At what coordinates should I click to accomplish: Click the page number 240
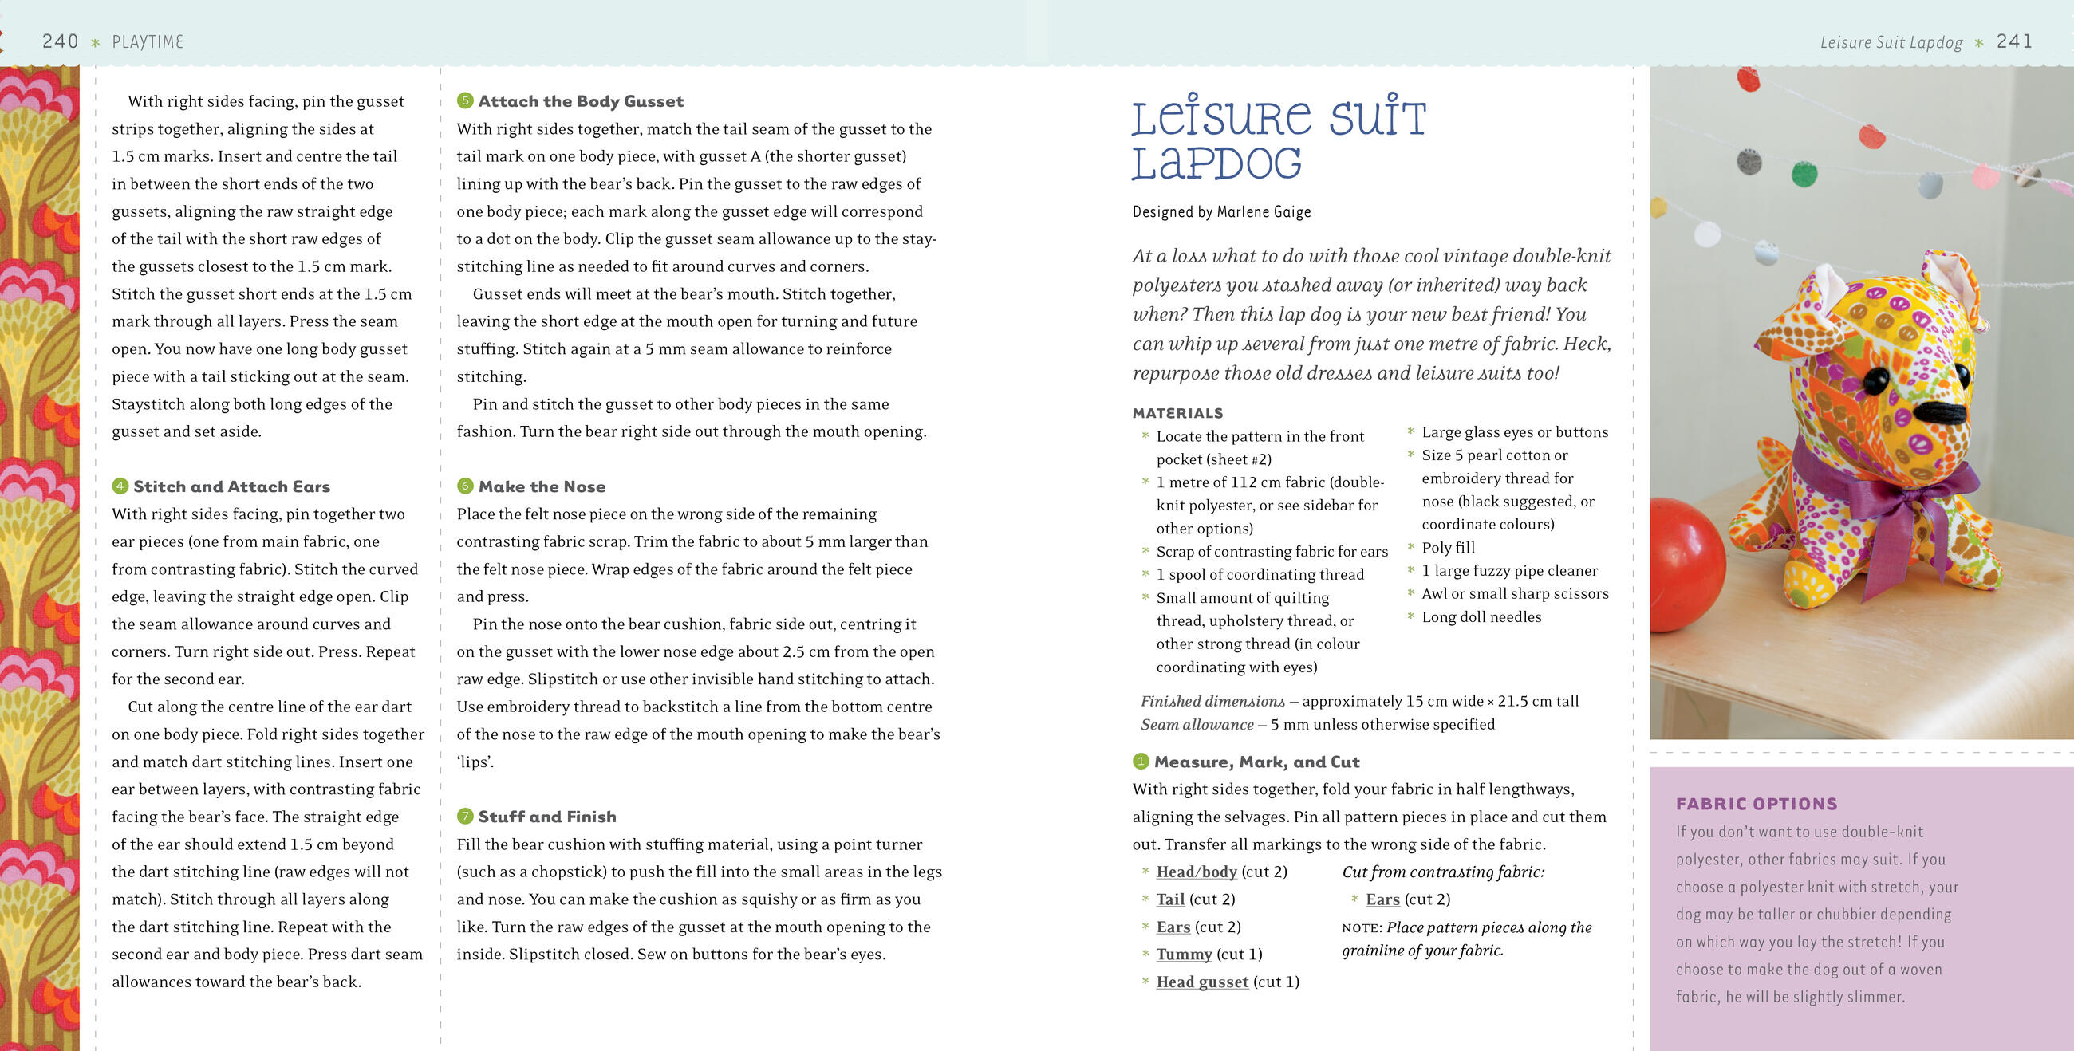(x=60, y=41)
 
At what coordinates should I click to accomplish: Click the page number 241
(x=2013, y=41)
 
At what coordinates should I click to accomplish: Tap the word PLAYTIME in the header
(x=148, y=41)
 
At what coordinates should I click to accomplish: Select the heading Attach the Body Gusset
(x=581, y=100)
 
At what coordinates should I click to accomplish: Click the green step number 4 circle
(x=120, y=486)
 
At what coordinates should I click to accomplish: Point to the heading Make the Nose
(x=541, y=486)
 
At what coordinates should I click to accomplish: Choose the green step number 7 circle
(x=464, y=816)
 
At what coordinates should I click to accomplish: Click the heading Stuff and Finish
(x=546, y=816)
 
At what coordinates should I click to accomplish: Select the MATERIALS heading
(x=1177, y=413)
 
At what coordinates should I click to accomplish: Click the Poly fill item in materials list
(x=1448, y=547)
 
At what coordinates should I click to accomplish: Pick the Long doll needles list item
(x=1481, y=616)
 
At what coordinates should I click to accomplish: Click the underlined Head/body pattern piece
(x=1196, y=872)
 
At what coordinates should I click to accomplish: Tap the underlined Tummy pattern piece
(x=1184, y=954)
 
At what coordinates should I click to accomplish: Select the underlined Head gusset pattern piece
(x=1201, y=982)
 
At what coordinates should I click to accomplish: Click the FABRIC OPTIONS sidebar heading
(x=1756, y=803)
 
